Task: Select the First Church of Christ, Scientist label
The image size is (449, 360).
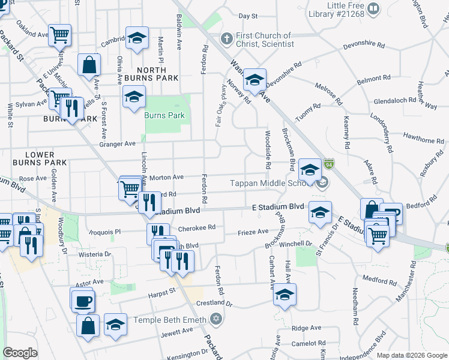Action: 265,40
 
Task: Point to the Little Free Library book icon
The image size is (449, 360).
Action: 373,8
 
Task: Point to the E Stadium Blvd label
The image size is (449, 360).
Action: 278,206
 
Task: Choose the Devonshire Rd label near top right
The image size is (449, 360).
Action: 363,44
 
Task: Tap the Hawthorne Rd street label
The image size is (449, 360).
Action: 424,140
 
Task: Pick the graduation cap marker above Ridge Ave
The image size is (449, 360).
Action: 285,295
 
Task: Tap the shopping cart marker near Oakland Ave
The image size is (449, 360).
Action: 59,35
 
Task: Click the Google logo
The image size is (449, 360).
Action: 20,353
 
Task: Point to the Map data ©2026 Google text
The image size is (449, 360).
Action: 411,355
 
